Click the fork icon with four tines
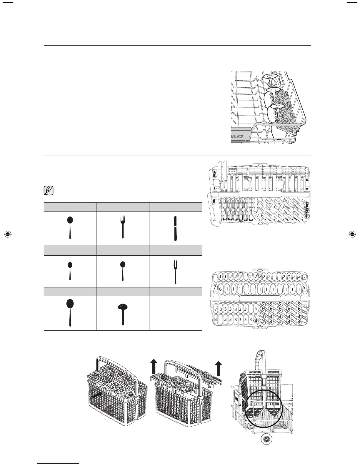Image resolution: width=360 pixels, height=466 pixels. click(x=123, y=227)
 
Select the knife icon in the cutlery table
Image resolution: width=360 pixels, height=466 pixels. click(x=175, y=228)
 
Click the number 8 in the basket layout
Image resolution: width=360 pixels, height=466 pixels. click(x=216, y=319)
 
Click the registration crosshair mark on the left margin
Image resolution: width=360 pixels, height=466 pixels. click(x=8, y=234)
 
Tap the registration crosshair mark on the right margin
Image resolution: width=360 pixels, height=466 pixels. click(x=351, y=234)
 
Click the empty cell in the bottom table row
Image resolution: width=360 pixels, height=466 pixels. click(x=175, y=313)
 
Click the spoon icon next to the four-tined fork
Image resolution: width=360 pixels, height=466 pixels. click(x=70, y=227)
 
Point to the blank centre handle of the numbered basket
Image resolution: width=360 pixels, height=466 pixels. click(x=260, y=299)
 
